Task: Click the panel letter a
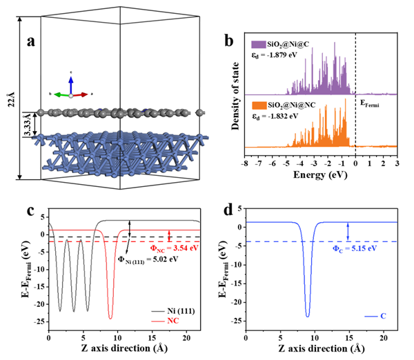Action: (x=31, y=41)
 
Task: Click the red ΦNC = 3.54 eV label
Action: (x=175, y=248)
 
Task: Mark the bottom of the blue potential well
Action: (x=307, y=316)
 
